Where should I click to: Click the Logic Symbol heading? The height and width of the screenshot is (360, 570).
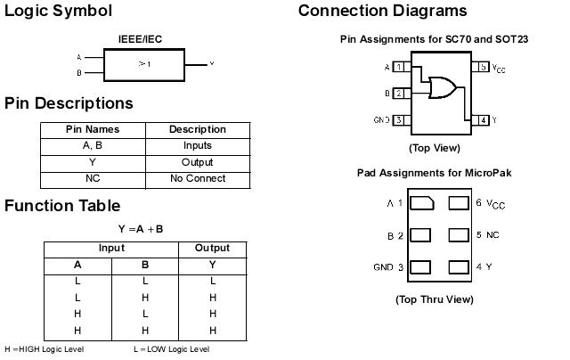click(59, 12)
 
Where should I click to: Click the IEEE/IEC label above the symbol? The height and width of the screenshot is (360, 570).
click(140, 39)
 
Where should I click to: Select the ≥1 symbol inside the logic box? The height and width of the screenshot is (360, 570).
click(143, 64)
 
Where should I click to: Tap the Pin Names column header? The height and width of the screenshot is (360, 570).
click(93, 129)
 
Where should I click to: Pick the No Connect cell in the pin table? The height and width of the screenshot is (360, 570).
click(197, 178)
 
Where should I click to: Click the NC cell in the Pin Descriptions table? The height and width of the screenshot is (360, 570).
click(93, 178)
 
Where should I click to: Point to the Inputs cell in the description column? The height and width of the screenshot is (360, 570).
click(197, 145)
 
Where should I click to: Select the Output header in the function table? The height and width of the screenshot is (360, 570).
click(212, 248)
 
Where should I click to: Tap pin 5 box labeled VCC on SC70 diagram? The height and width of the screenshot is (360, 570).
click(482, 67)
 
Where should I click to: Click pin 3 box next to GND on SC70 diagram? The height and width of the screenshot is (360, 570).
click(399, 119)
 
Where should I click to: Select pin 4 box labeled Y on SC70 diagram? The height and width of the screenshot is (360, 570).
click(482, 119)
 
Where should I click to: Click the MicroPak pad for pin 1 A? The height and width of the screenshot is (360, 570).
click(423, 203)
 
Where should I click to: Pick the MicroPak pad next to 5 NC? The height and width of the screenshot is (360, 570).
click(460, 235)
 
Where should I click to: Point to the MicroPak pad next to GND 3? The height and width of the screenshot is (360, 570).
click(423, 267)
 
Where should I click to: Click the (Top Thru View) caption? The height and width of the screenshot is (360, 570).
click(434, 299)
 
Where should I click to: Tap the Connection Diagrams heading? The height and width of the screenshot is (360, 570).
click(382, 12)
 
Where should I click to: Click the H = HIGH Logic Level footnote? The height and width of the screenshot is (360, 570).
click(41, 349)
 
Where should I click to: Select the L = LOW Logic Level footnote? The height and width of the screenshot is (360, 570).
click(172, 349)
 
